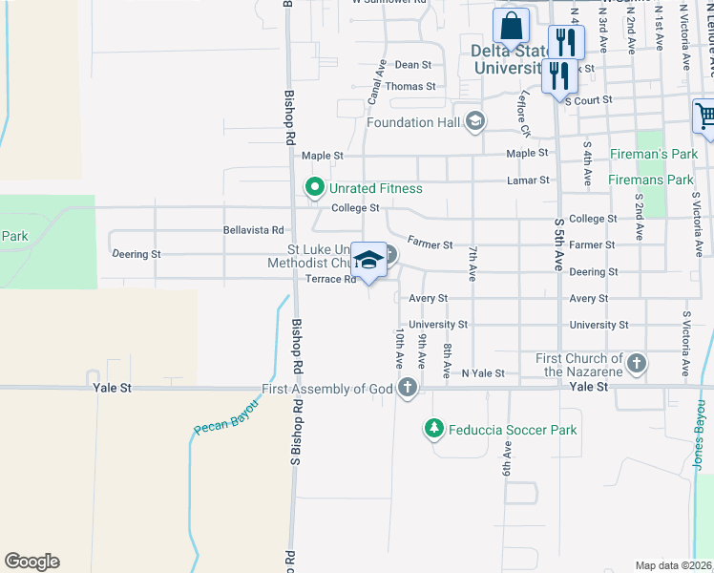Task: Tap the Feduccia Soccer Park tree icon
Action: [434, 430]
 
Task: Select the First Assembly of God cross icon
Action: [408, 388]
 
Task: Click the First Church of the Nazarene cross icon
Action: [637, 364]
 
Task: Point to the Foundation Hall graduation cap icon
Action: [475, 121]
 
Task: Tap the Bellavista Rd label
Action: [253, 230]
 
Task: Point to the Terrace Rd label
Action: [330, 280]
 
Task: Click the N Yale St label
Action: [482, 373]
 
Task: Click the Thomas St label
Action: [409, 86]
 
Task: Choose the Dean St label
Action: [413, 65]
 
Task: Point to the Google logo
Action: [31, 562]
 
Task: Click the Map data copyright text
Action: [673, 565]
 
